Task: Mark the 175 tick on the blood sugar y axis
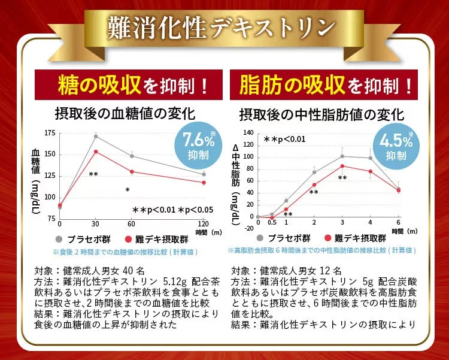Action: tap(50, 132)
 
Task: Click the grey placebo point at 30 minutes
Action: tap(96, 137)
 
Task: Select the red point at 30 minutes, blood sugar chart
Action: tap(96, 152)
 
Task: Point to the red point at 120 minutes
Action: tap(204, 183)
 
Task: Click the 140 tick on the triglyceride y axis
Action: tap(248, 133)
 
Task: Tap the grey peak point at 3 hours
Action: tap(342, 156)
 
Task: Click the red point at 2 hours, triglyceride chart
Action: tap(314, 185)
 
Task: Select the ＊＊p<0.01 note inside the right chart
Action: tap(285, 139)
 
